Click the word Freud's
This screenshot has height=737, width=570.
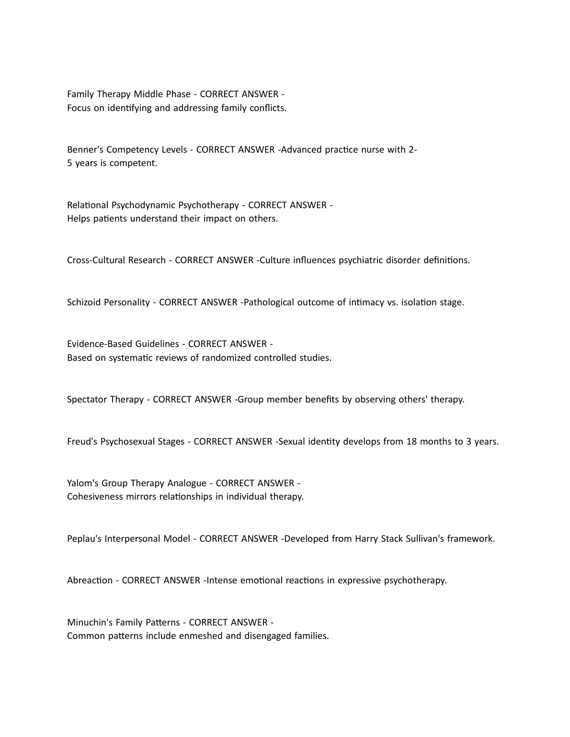[81, 442]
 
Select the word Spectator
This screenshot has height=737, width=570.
[87, 400]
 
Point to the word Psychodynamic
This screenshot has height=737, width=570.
[144, 205]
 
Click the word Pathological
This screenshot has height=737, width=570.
[269, 302]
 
